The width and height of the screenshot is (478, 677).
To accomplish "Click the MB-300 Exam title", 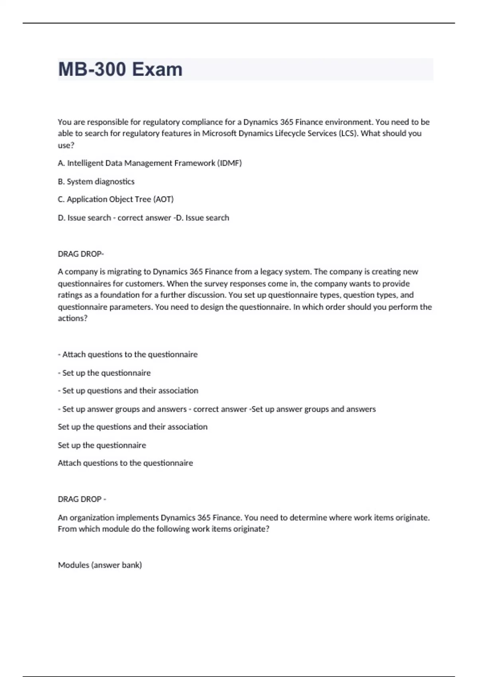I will (120, 69).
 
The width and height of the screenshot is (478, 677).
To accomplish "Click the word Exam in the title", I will (157, 69).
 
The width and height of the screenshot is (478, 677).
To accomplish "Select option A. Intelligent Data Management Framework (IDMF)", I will (150, 163).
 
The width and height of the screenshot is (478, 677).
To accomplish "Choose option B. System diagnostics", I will (96, 182).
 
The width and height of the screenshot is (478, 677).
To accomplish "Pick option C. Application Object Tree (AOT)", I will (116, 199).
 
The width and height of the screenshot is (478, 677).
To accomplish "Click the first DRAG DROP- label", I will (80, 254).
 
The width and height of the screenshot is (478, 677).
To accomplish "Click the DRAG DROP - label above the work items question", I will (82, 499).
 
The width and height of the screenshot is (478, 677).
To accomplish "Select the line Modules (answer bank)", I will (100, 565).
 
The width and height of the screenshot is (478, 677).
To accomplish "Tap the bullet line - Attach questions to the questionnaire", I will (127, 354).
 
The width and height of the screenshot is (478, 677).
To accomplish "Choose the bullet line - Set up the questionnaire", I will (104, 373).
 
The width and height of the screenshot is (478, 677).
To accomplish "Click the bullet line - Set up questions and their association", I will (128, 391).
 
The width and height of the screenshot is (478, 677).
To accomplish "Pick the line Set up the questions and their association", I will (133, 427).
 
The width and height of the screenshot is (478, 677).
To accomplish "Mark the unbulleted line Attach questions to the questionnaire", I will (125, 463).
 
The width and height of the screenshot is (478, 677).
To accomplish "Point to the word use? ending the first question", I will (66, 145).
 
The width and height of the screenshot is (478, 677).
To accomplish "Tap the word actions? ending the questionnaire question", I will (72, 318).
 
